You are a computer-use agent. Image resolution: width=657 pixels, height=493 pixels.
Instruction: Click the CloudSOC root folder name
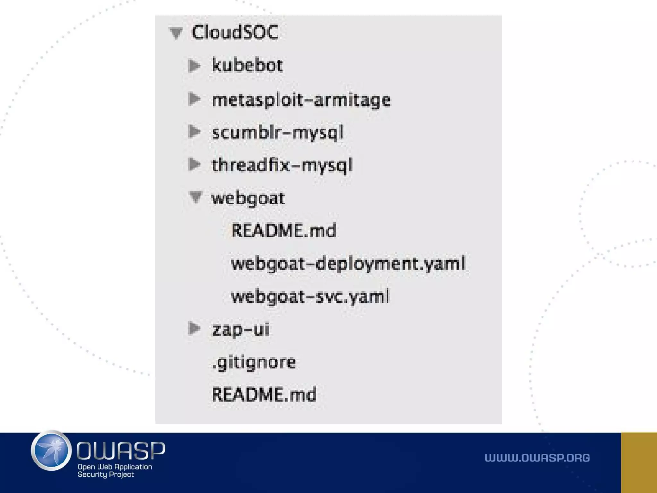click(x=235, y=32)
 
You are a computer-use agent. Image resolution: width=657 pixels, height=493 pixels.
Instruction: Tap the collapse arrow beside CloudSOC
click(x=176, y=33)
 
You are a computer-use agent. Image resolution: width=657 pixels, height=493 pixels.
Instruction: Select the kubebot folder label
click(x=247, y=65)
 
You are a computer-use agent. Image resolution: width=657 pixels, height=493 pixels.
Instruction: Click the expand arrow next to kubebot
click(x=194, y=65)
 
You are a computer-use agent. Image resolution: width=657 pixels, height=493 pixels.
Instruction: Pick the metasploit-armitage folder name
click(x=301, y=99)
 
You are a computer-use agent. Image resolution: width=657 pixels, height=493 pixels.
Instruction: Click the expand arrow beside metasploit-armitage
click(x=194, y=99)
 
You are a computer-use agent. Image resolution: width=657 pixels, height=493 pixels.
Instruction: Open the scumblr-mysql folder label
click(x=277, y=132)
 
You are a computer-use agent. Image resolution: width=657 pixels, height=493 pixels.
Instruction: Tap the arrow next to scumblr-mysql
click(x=194, y=132)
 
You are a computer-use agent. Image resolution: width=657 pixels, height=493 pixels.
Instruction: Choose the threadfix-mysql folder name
click(x=282, y=165)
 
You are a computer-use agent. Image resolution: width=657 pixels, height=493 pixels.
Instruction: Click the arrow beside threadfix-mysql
click(x=194, y=164)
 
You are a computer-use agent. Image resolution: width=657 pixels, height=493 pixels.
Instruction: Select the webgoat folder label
click(x=248, y=198)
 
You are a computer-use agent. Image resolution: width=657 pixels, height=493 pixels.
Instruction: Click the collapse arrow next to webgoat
click(x=195, y=197)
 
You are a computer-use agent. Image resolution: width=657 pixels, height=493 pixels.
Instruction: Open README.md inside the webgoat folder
click(x=284, y=230)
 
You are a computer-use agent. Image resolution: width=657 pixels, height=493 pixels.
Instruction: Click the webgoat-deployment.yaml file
click(x=348, y=264)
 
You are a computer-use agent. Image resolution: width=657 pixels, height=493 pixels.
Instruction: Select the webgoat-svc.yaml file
click(x=310, y=296)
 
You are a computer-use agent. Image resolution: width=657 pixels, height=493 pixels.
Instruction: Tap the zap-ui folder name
click(x=240, y=329)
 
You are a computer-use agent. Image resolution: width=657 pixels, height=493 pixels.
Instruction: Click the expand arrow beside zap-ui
click(x=194, y=328)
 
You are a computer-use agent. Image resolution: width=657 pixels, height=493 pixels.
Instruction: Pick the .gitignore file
click(x=254, y=362)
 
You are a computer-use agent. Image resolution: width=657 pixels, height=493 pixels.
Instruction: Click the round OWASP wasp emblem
click(x=51, y=450)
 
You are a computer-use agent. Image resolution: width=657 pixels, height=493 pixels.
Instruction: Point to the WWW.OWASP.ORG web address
click(x=537, y=458)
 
